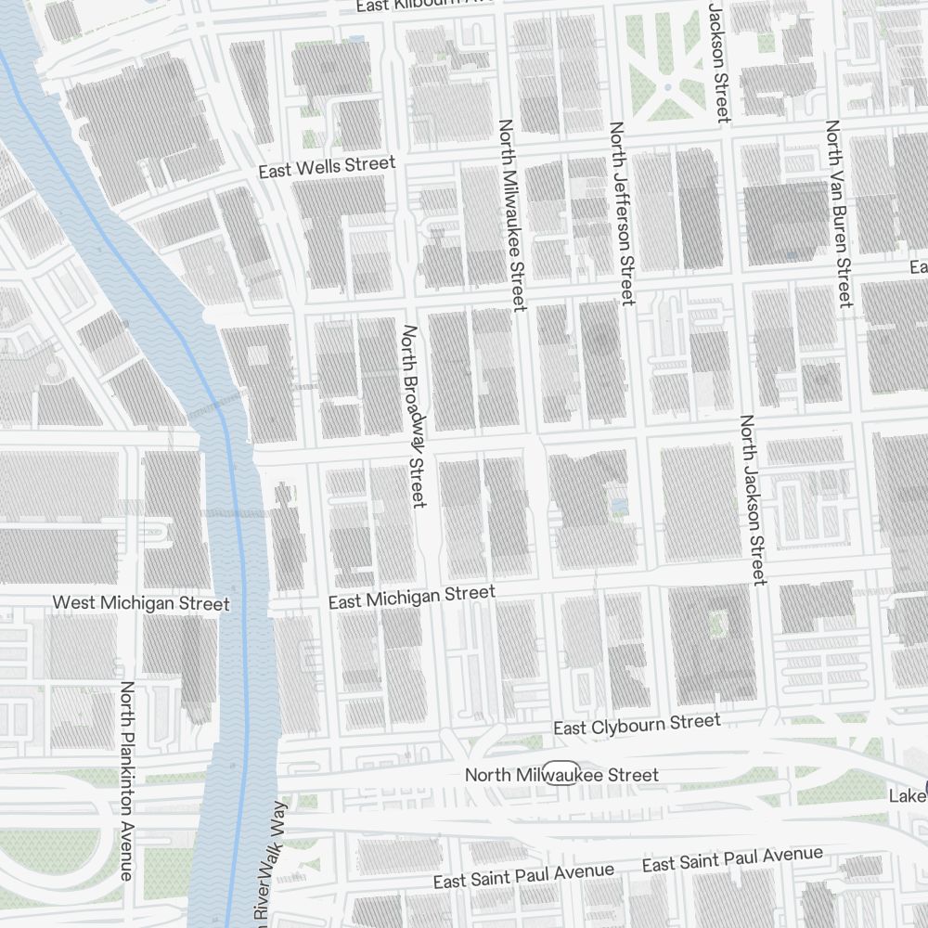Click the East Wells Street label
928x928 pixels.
coord(327,168)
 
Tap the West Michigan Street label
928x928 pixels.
coord(140,603)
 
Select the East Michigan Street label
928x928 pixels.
coord(412,598)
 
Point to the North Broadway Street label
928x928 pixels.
coord(413,415)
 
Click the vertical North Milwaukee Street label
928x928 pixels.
coord(512,213)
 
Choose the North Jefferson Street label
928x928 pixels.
coord(621,213)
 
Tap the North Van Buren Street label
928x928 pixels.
coord(838,213)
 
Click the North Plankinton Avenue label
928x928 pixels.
coord(127,780)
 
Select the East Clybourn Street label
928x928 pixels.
coord(637,725)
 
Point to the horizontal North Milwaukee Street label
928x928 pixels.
coord(562,775)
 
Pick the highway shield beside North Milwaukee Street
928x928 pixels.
coord(562,773)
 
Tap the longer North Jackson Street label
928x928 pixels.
coord(753,498)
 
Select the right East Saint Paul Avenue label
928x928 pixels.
coord(732,859)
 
